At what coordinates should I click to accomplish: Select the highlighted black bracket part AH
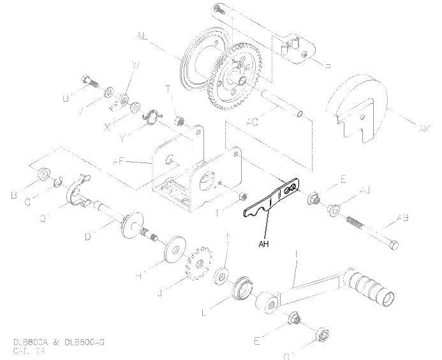[x=270, y=201]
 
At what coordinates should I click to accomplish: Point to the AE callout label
[x=142, y=38]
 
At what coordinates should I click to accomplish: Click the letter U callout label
[x=65, y=98]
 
